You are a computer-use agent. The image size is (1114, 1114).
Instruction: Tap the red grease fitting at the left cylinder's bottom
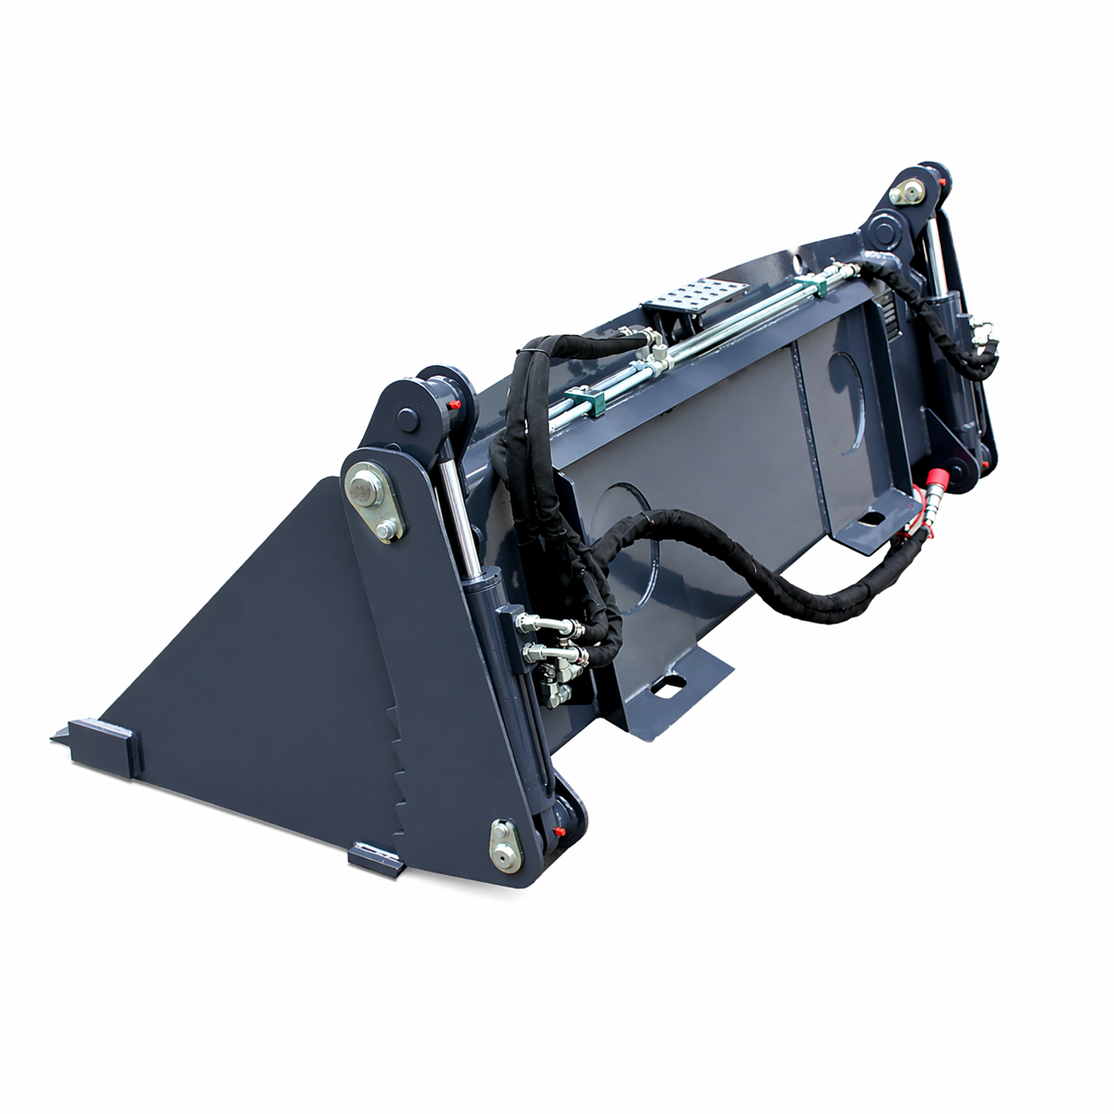point(560,832)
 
